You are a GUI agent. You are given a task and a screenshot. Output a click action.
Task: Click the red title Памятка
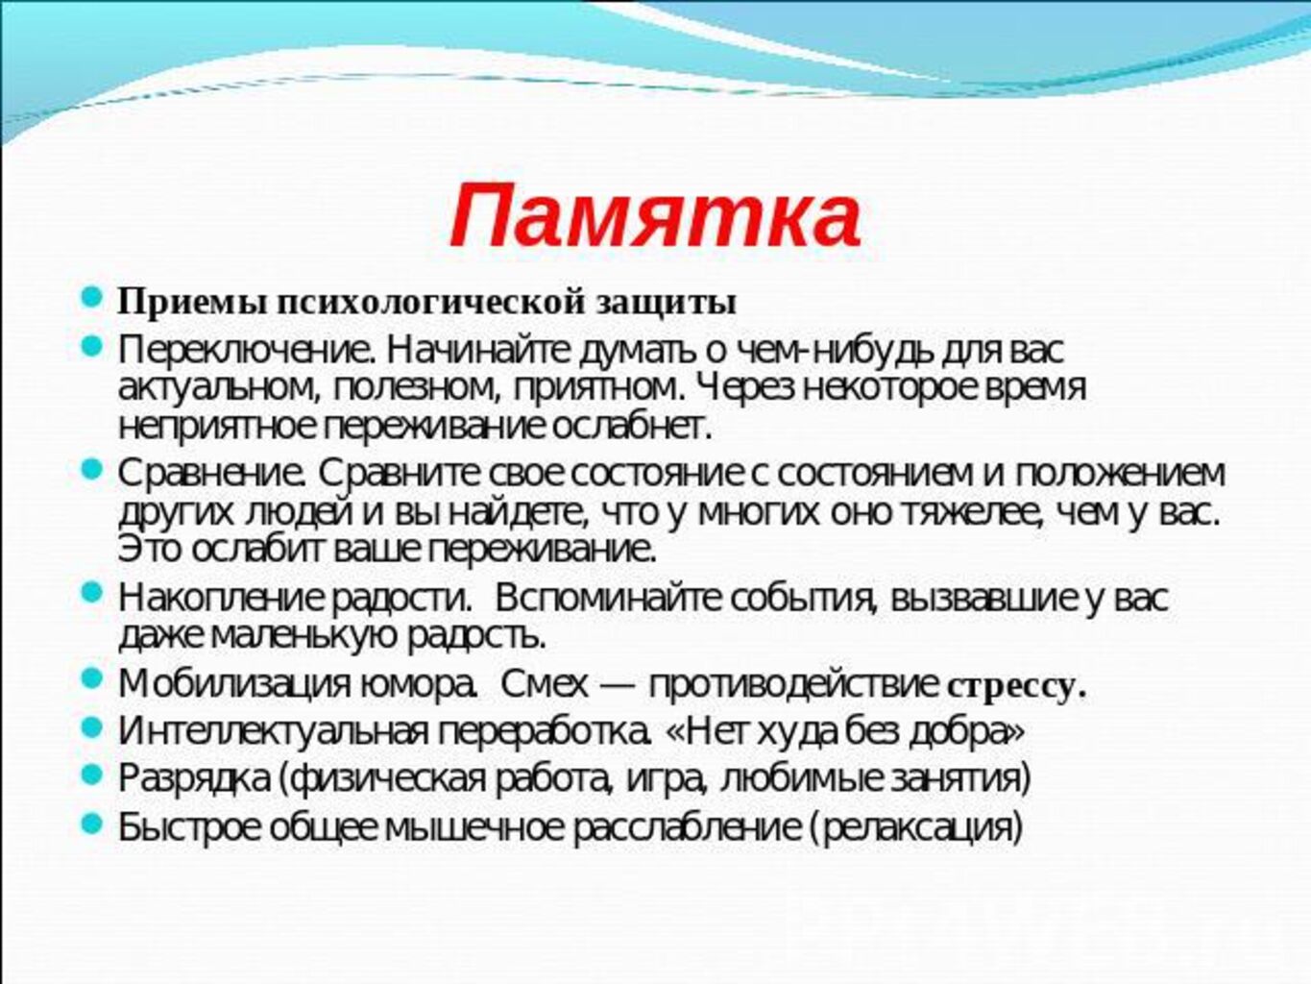655,215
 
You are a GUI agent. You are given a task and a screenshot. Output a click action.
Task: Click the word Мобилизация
233,685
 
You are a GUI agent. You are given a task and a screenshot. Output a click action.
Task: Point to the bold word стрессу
1016,688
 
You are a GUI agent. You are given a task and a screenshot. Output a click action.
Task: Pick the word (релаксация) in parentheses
917,827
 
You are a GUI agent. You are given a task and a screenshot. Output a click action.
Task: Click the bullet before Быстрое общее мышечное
91,825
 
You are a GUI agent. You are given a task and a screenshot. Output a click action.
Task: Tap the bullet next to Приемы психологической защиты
91,296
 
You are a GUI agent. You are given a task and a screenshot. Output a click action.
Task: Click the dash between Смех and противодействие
618,685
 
